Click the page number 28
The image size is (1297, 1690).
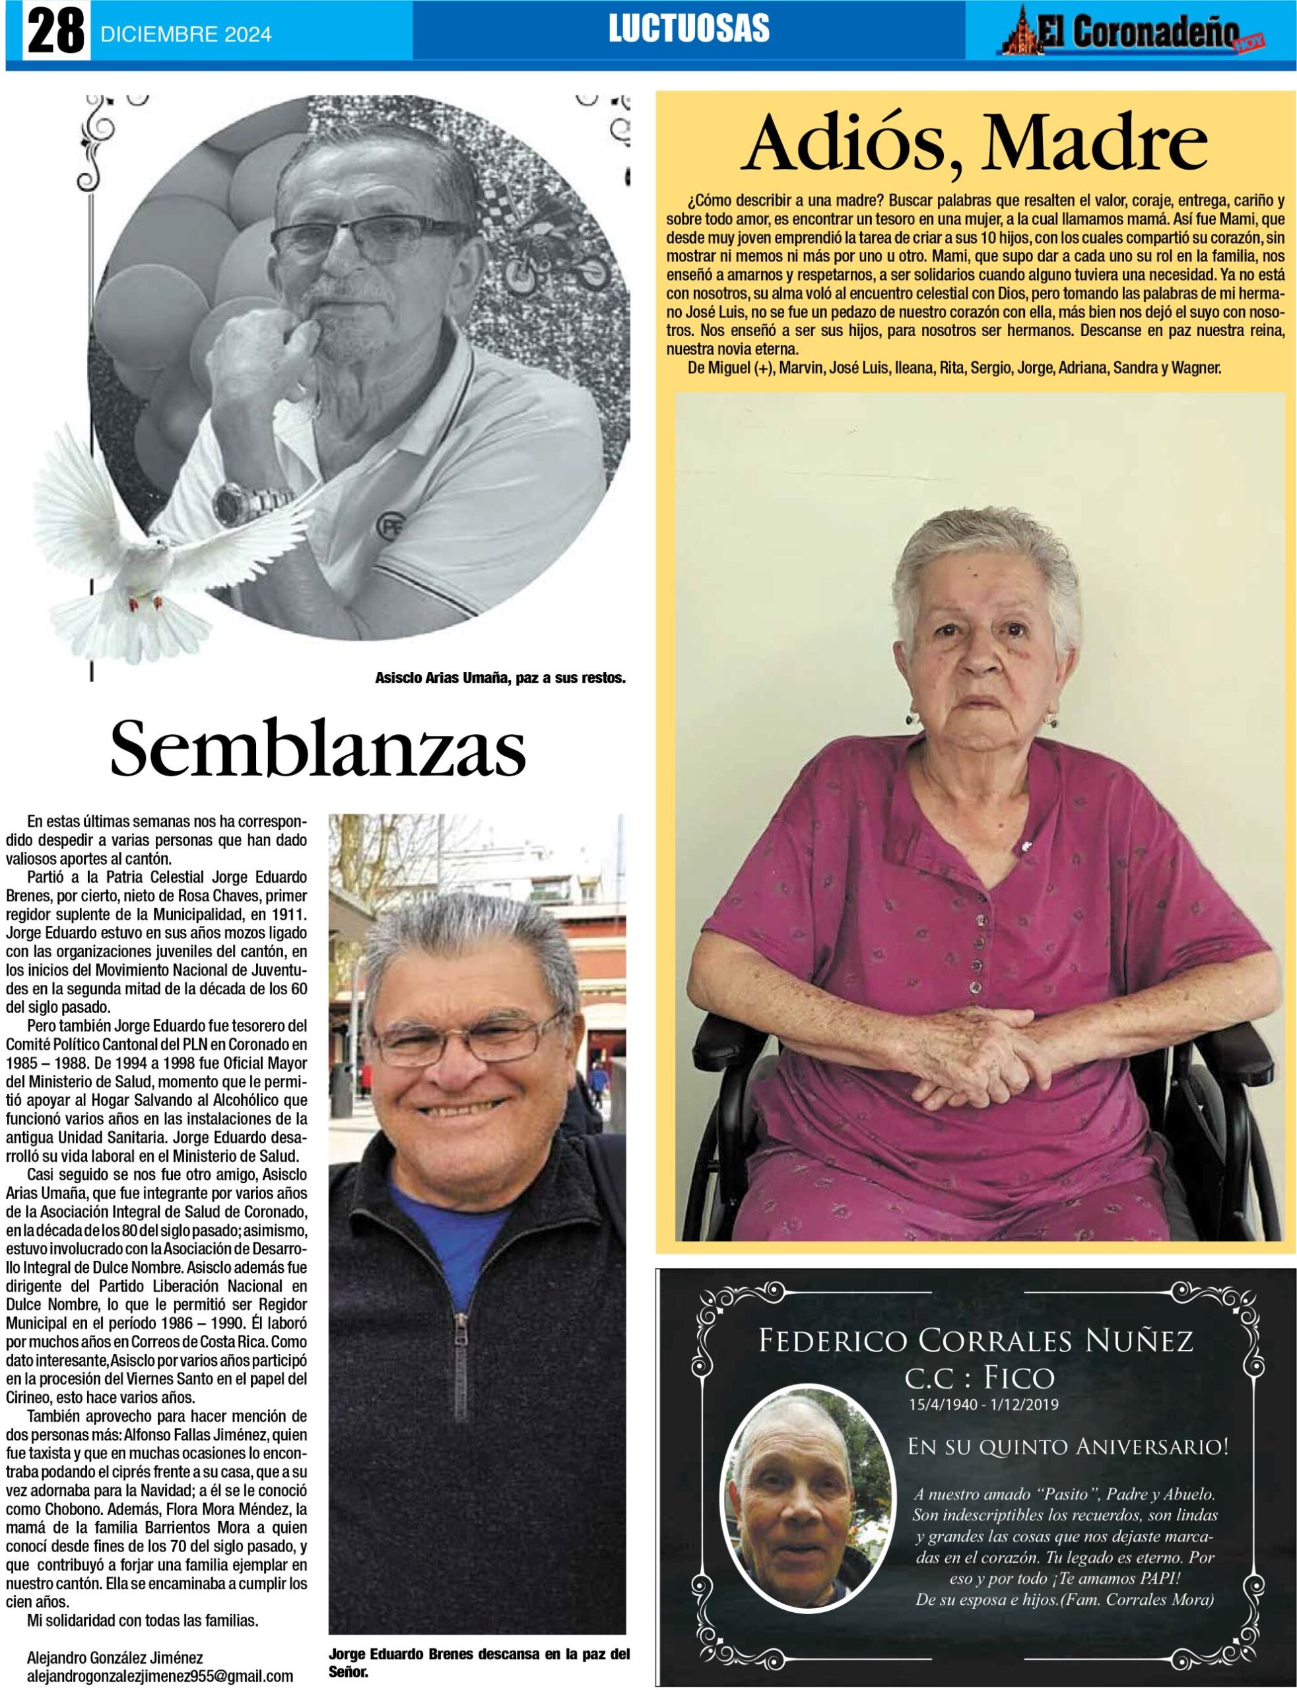55,32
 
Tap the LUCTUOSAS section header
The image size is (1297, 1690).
688,29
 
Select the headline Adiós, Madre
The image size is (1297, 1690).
974,145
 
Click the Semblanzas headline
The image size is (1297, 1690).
318,749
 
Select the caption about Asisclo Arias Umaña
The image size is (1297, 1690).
500,679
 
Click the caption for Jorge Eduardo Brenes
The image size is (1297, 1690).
479,1662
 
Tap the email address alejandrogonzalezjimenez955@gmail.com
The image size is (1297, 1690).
160,1676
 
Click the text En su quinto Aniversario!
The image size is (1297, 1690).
1067,1447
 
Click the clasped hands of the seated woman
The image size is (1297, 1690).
977,1054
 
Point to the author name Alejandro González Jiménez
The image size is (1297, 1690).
115,1658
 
